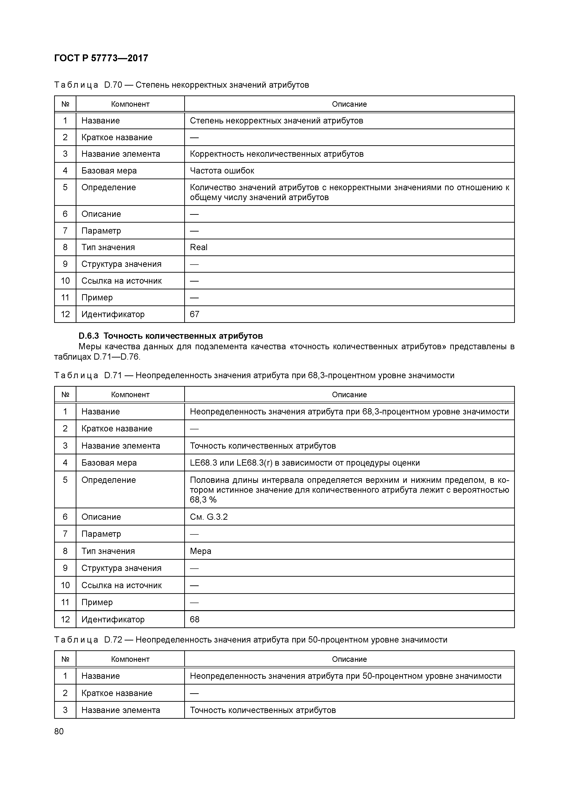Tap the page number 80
pyautogui.click(x=59, y=731)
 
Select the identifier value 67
pyautogui.click(x=195, y=314)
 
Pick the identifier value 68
pyautogui.click(x=195, y=619)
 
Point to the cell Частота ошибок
pyautogui.click(x=222, y=171)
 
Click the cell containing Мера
pyautogui.click(x=201, y=551)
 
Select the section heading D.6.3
pyautogui.click(x=170, y=336)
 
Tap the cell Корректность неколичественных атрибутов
pyautogui.click(x=277, y=154)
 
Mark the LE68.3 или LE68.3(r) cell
pyautogui.click(x=305, y=463)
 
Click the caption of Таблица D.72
pyautogui.click(x=251, y=640)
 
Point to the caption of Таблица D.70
pyautogui.click(x=182, y=85)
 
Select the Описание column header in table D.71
pyautogui.click(x=349, y=394)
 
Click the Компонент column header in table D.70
pyautogui.click(x=130, y=104)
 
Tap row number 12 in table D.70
pyautogui.click(x=65, y=314)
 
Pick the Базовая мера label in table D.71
pyautogui.click(x=109, y=463)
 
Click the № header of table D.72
pyautogui.click(x=65, y=659)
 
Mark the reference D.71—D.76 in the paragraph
pyautogui.click(x=117, y=357)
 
